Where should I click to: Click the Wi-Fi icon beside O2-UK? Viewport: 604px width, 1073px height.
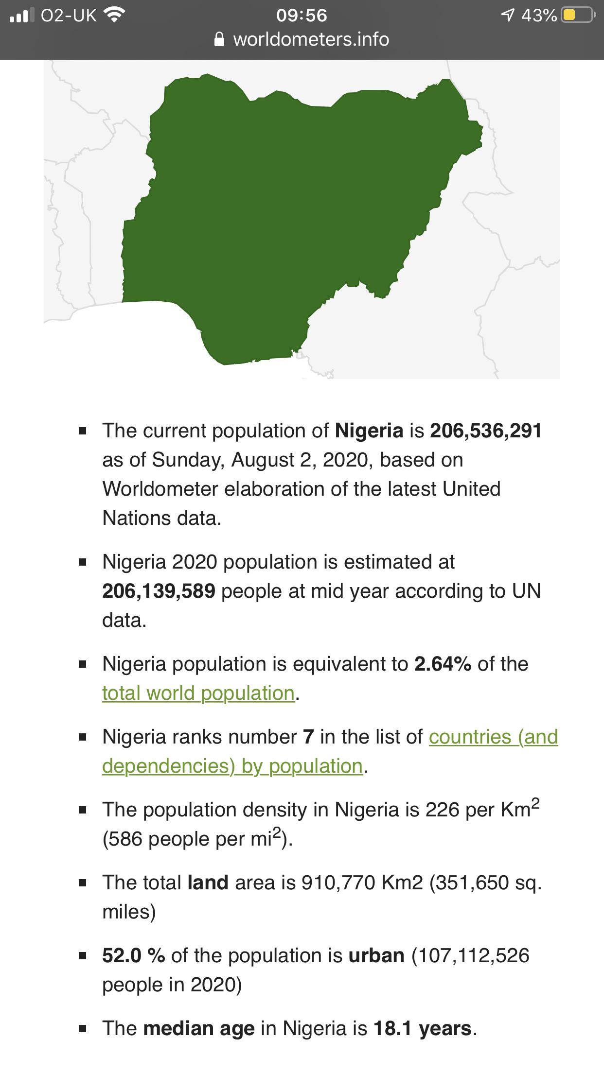pos(114,16)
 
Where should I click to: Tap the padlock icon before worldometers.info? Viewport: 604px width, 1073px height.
pos(219,39)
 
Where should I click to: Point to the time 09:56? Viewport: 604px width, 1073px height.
pos(302,16)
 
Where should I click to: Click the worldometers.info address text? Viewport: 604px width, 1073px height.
pos(311,39)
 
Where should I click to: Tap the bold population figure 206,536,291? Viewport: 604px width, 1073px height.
pos(486,431)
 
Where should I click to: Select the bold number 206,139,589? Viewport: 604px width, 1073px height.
pos(159,591)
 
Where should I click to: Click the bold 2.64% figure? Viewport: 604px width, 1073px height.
pos(443,664)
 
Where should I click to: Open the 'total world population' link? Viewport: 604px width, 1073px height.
pos(198,693)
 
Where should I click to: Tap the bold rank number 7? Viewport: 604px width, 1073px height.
pos(308,737)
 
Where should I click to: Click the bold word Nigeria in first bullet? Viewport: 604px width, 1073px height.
pos(369,431)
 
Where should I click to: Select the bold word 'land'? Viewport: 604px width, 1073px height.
pos(208,883)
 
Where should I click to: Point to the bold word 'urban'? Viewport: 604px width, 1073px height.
pos(376,955)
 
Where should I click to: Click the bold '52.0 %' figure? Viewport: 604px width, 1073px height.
pos(133,955)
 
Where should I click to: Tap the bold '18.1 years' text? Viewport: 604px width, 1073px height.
pos(422,1028)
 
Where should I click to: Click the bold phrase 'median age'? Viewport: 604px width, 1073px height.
pos(198,1028)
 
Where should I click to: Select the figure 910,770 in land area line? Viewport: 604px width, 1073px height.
pos(338,883)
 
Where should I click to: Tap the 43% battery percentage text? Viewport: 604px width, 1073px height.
pos(539,16)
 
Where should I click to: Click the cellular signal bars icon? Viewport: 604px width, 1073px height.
pos(22,16)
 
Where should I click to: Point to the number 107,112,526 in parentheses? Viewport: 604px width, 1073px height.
pos(470,955)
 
